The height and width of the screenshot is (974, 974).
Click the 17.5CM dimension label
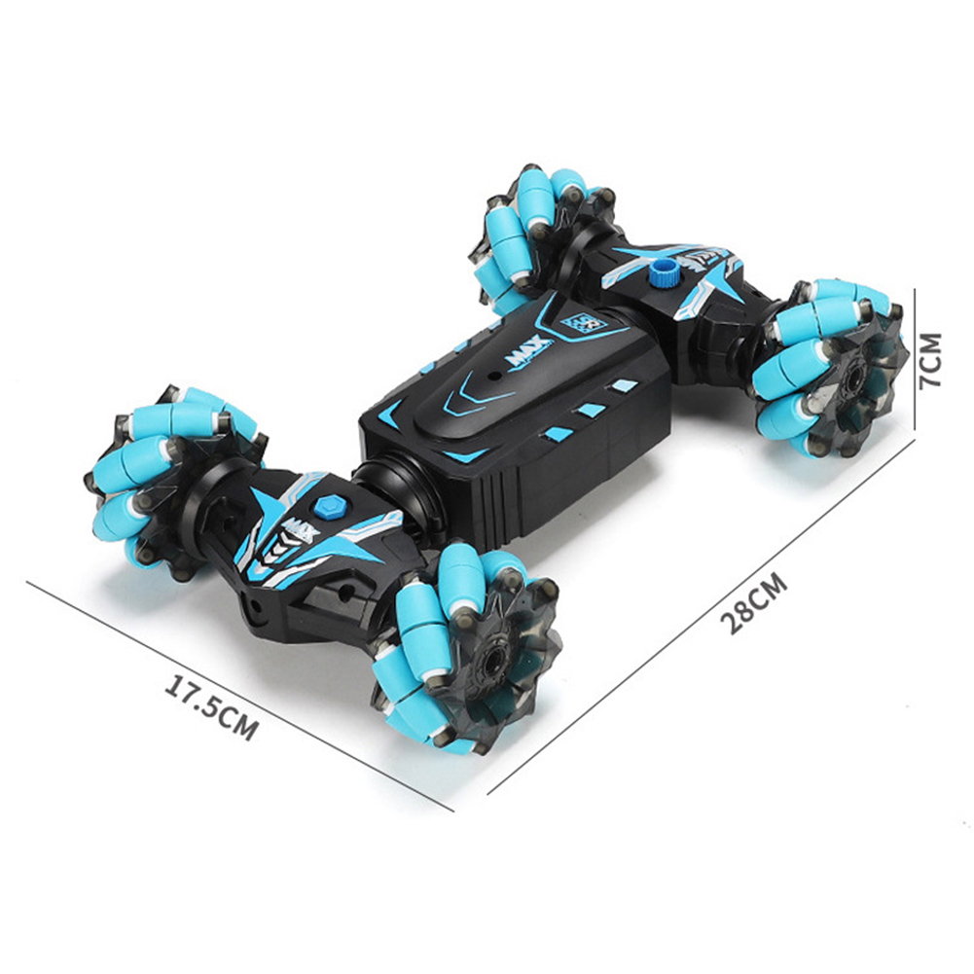pos(210,708)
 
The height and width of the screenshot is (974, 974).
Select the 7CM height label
pos(930,360)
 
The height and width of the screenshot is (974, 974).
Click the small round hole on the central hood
pos(494,377)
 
